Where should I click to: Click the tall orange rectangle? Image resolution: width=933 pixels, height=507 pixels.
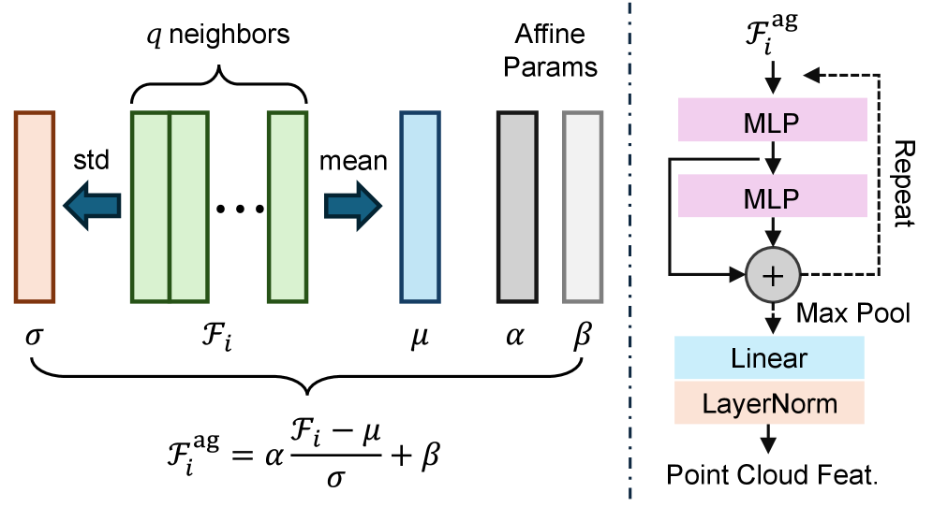pyautogui.click(x=35, y=207)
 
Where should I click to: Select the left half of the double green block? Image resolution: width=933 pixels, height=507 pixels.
pyautogui.click(x=150, y=207)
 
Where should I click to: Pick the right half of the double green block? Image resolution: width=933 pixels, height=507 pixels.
pyautogui.click(x=189, y=207)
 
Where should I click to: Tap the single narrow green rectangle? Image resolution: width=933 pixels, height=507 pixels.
pyautogui.click(x=288, y=207)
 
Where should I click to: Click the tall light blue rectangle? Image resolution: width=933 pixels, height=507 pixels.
pyautogui.click(x=420, y=207)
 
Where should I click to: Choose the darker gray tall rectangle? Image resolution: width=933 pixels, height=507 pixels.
pyautogui.click(x=517, y=207)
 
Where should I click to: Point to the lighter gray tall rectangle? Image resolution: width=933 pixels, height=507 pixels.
pyautogui.click(x=583, y=207)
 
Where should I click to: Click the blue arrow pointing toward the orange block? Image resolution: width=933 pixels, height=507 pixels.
pyautogui.click(x=91, y=205)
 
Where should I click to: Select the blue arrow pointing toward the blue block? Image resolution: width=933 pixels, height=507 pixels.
pyautogui.click(x=353, y=205)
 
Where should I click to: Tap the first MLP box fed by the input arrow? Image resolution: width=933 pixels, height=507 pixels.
pyautogui.click(x=772, y=121)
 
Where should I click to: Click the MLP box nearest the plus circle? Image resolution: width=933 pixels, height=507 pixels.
pyautogui.click(x=772, y=196)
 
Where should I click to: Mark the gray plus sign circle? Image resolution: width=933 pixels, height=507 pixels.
pyautogui.click(x=773, y=275)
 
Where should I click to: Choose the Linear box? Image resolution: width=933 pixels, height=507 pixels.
pyautogui.click(x=769, y=358)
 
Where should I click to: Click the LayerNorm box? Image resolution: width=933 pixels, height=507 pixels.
pyautogui.click(x=769, y=403)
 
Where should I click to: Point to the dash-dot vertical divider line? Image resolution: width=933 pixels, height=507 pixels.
pyautogui.click(x=629, y=253)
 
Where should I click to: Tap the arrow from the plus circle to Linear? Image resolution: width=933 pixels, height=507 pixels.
pyautogui.click(x=773, y=320)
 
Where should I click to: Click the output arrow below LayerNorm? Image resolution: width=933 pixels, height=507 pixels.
pyautogui.click(x=768, y=440)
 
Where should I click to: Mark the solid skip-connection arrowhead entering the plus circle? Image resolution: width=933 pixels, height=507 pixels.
pyautogui.click(x=736, y=274)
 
